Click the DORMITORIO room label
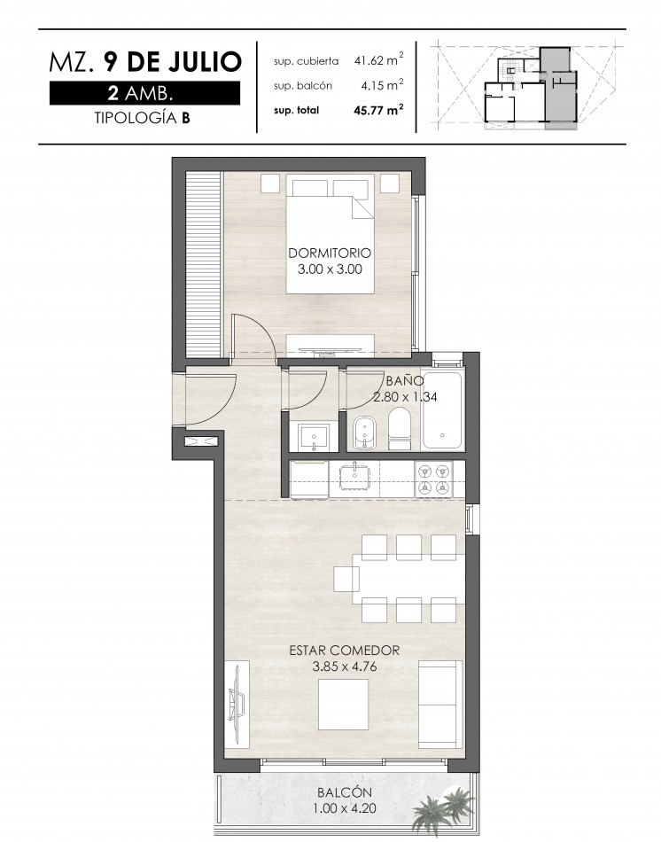click(330, 253)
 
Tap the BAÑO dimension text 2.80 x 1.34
click(406, 397)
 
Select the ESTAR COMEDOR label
click(344, 651)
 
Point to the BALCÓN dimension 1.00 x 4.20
click(344, 808)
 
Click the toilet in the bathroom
click(399, 428)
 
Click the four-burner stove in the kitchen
click(433, 479)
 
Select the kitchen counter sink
click(354, 477)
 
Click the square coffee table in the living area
click(343, 704)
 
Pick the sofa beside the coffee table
click(439, 704)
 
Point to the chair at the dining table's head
click(346, 580)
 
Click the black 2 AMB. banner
click(144, 93)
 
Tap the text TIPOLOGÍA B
click(143, 118)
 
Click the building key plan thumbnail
click(530, 86)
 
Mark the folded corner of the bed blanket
click(362, 207)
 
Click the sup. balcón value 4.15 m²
click(382, 85)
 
